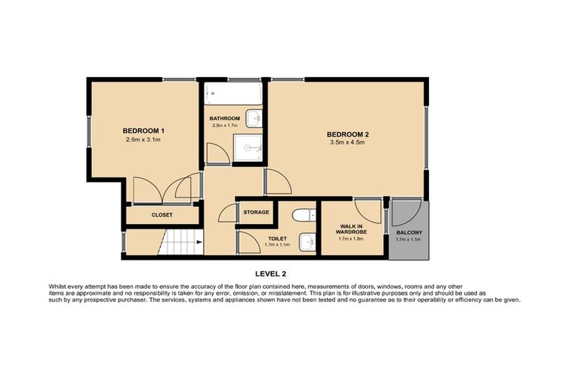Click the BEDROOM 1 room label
pos(142,131)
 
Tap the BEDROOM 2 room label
pos(347,134)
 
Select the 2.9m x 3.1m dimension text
pos(142,140)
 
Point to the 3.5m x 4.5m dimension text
pos(347,143)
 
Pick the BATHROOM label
pos(224,118)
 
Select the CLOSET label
pos(162,215)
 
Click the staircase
pos(182,243)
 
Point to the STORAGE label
pos(256,212)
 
